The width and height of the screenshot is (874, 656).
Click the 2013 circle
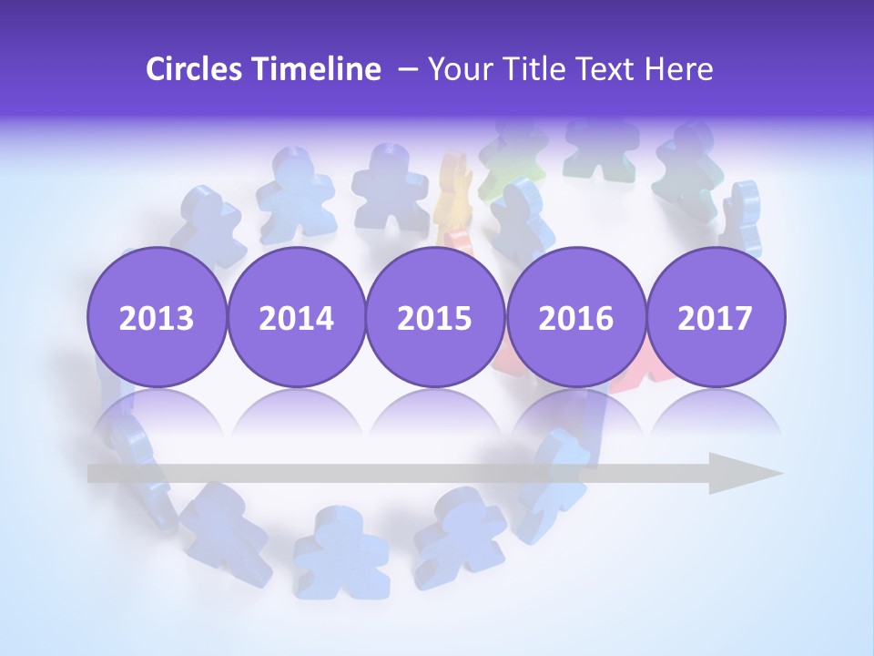(157, 317)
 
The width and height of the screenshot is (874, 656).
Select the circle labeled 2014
(297, 317)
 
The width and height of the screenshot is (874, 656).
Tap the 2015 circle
(435, 317)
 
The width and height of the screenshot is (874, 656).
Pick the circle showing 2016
(575, 317)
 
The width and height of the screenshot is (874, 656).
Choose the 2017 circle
(716, 317)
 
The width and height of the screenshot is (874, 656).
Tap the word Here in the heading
(679, 69)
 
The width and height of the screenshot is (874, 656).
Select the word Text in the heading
(602, 69)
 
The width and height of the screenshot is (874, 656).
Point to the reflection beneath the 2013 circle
(157, 415)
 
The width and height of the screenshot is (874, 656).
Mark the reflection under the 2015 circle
(435, 415)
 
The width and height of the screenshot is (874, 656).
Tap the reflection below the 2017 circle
(716, 415)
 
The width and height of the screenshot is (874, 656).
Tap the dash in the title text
(407, 69)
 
